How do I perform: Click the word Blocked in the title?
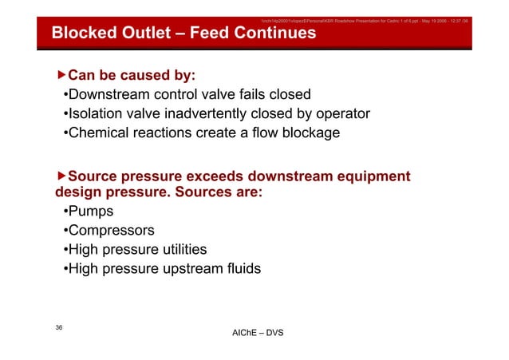83,34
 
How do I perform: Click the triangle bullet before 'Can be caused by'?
61,76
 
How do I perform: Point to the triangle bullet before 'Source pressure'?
61,176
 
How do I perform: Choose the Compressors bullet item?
111,231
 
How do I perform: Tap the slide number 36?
59,328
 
